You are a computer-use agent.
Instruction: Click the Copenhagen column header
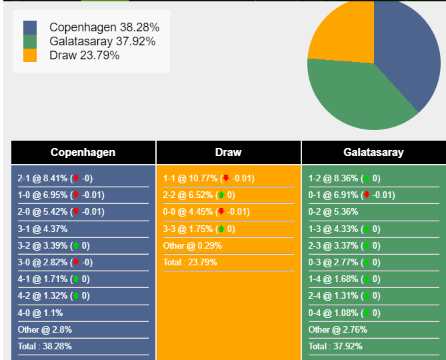[83, 152]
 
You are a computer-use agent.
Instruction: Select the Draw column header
[228, 152]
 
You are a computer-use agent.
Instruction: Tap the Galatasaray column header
[373, 152]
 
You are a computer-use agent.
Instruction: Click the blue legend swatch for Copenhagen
[30, 27]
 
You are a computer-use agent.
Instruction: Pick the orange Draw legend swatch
[30, 55]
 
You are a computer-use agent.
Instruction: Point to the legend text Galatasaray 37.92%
[102, 41]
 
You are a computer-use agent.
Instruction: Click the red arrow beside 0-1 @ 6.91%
[366, 195]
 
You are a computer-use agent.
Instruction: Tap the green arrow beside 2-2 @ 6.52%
[221, 195]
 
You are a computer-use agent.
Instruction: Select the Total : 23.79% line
[190, 262]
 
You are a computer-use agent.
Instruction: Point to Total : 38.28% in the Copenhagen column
[45, 346]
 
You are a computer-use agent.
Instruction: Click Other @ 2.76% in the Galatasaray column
[337, 329]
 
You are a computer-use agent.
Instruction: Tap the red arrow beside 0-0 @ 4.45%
[221, 212]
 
